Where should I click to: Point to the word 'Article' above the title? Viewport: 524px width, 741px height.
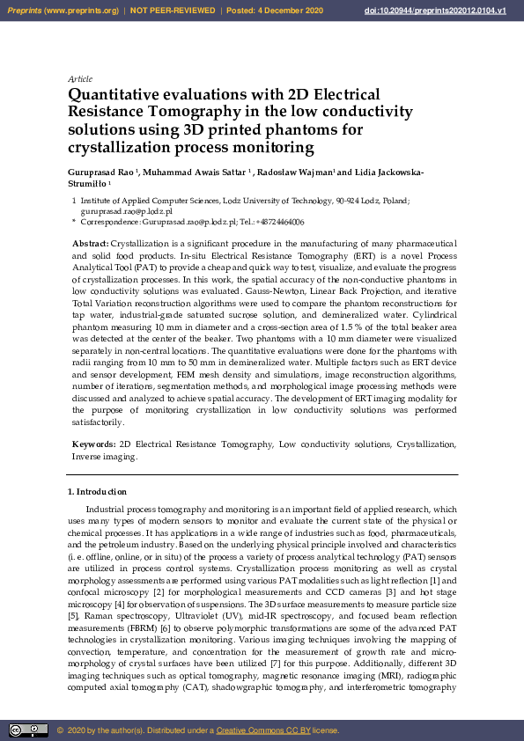click(80, 78)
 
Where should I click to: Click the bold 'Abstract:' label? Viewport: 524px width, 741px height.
click(91, 242)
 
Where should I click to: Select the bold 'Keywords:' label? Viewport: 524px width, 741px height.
click(93, 445)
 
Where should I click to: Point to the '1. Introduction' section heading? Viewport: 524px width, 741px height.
click(97, 491)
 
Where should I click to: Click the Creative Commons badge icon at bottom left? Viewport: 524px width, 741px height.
click(27, 730)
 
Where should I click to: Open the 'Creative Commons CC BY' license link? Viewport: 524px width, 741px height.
click(260, 730)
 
